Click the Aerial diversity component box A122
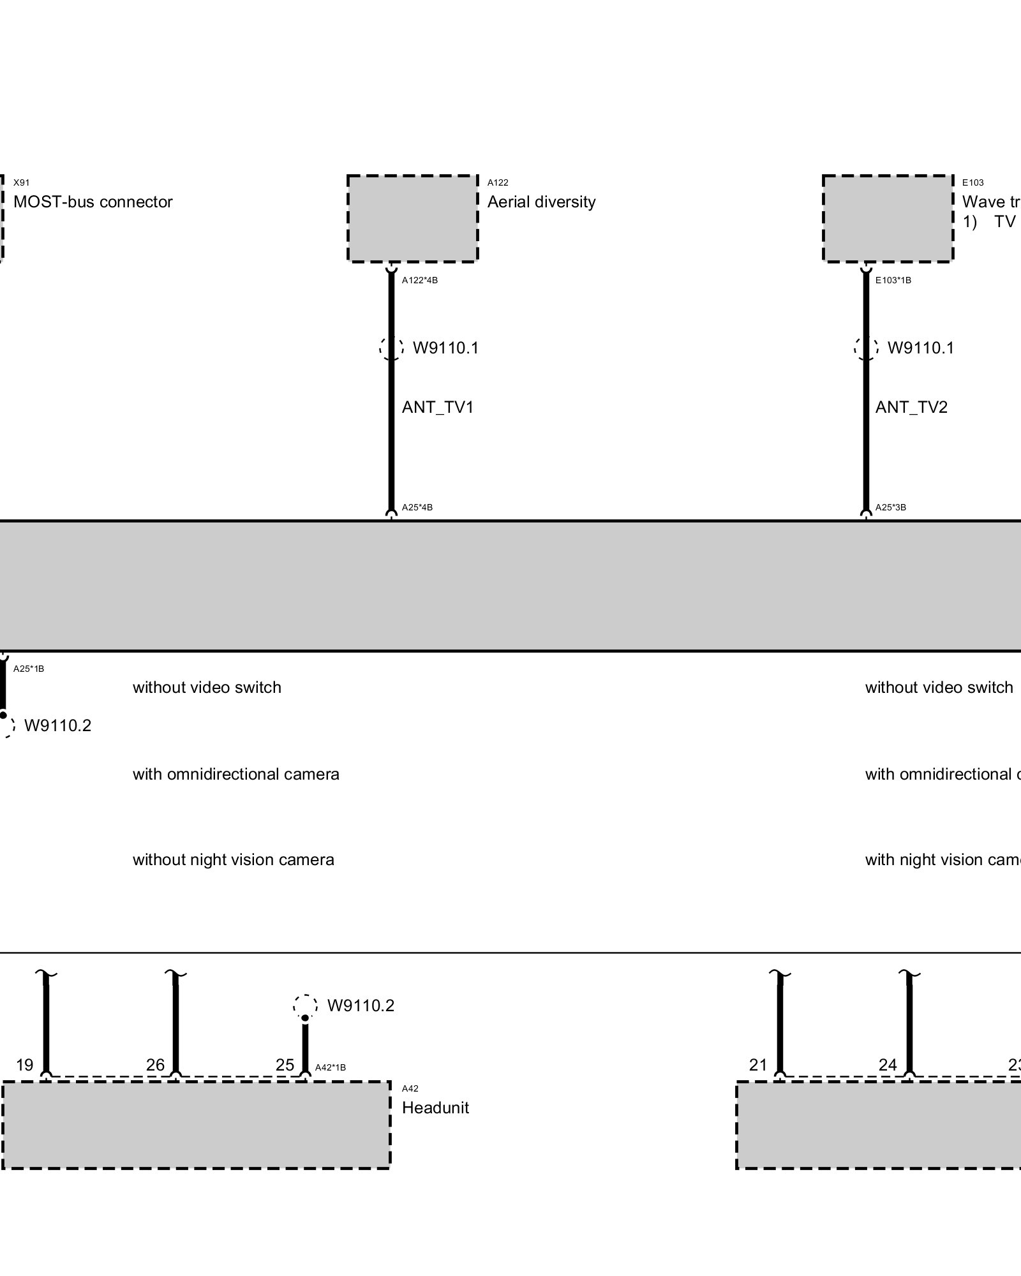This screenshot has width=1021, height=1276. pyautogui.click(x=413, y=218)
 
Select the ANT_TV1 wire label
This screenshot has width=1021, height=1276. pyautogui.click(x=438, y=407)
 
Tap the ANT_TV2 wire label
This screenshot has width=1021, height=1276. pyautogui.click(x=911, y=407)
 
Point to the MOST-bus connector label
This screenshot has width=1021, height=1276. pyautogui.click(x=93, y=202)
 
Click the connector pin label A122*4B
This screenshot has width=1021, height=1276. pyautogui.click(x=420, y=280)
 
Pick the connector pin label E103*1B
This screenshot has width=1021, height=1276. pyautogui.click(x=893, y=280)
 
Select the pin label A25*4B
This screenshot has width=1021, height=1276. pyautogui.click(x=417, y=508)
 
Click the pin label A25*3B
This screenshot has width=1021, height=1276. pyautogui.click(x=891, y=508)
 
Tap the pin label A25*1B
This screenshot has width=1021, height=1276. pyautogui.click(x=29, y=669)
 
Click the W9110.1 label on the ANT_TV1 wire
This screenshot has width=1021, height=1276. pyautogui.click(x=445, y=348)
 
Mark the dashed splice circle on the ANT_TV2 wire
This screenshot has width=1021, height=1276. pyautogui.click(x=866, y=348)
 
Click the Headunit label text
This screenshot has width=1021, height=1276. pyautogui.click(x=435, y=1108)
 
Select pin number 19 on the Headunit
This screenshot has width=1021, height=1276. pyautogui.click(x=25, y=1065)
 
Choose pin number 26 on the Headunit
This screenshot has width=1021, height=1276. pyautogui.click(x=155, y=1065)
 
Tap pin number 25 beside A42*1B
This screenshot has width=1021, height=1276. pyautogui.click(x=285, y=1065)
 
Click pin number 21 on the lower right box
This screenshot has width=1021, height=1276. pyautogui.click(x=758, y=1065)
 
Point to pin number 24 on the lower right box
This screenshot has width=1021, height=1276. pyautogui.click(x=888, y=1065)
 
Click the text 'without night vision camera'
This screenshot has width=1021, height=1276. pyautogui.click(x=234, y=860)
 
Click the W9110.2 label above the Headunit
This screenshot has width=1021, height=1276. pyautogui.click(x=361, y=1006)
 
